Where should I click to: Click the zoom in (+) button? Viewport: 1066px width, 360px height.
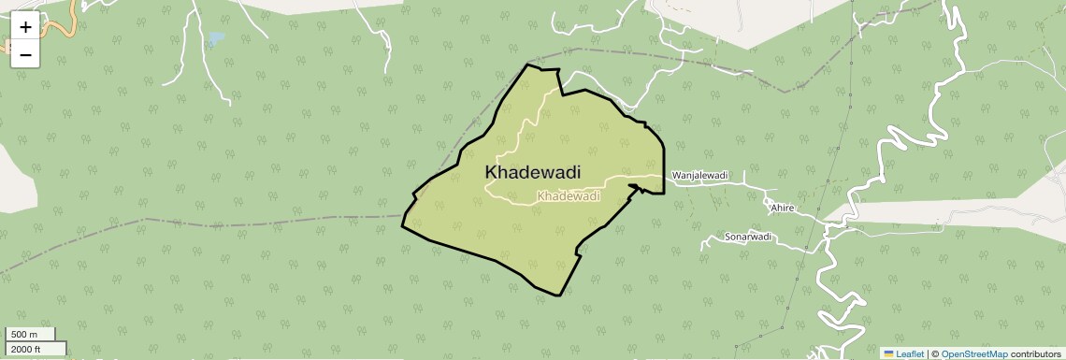(25, 27)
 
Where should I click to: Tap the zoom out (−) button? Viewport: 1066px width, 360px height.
(25, 54)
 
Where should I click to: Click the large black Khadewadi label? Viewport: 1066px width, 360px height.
(533, 173)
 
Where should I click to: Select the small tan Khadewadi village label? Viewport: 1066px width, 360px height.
(569, 196)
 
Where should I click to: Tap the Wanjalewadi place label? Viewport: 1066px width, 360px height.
(699, 175)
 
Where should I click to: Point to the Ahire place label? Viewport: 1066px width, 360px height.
(783, 208)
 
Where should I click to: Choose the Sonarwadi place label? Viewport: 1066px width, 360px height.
(748, 238)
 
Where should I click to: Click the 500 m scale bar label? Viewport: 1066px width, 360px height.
(24, 335)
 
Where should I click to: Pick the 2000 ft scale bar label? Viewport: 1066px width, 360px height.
(26, 349)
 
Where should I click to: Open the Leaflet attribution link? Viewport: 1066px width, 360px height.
(910, 353)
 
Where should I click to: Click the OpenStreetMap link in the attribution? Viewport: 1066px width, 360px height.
(974, 353)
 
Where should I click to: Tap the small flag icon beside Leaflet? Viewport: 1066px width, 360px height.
(888, 353)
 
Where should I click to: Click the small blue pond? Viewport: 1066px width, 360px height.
(216, 39)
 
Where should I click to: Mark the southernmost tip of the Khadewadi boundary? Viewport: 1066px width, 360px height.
(559, 295)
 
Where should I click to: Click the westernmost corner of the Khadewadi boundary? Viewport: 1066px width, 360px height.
(403, 226)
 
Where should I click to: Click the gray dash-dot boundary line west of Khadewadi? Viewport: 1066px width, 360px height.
(234, 223)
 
